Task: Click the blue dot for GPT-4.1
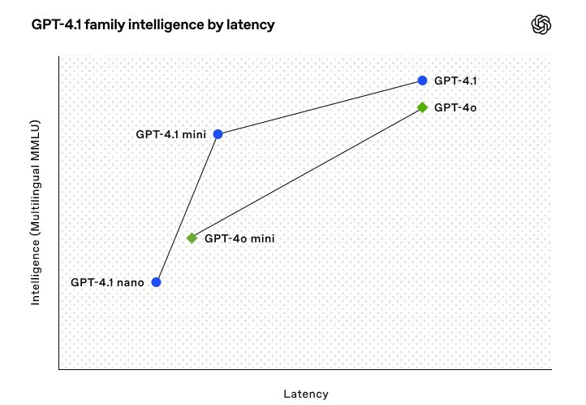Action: pyautogui.click(x=422, y=81)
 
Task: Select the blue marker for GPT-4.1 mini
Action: pyautogui.click(x=218, y=134)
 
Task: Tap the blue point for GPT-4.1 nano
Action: pyautogui.click(x=156, y=282)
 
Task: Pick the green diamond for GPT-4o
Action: pyautogui.click(x=422, y=107)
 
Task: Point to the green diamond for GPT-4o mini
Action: pyautogui.click(x=192, y=238)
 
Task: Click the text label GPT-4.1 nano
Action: pyautogui.click(x=107, y=282)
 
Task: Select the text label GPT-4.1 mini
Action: pyautogui.click(x=170, y=134)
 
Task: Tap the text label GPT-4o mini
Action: pyautogui.click(x=239, y=238)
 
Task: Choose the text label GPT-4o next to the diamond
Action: pyautogui.click(x=455, y=108)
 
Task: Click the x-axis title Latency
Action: pyautogui.click(x=306, y=394)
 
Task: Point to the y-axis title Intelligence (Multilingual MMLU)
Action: pyautogui.click(x=35, y=212)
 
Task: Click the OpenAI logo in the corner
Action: pyautogui.click(x=541, y=24)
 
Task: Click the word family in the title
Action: pyautogui.click(x=105, y=25)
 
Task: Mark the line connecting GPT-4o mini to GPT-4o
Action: pyautogui.click(x=307, y=173)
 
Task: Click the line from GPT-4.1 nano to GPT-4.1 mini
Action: pyautogui.click(x=187, y=208)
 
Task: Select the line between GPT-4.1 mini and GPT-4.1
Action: pyautogui.click(x=320, y=107)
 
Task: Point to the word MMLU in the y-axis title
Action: pyautogui.click(x=35, y=137)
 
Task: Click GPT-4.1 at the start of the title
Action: pyautogui.click(x=57, y=24)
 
